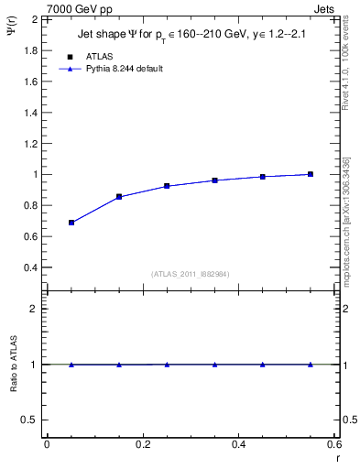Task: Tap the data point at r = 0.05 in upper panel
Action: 71,223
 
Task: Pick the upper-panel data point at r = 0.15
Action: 119,197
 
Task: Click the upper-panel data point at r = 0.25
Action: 167,186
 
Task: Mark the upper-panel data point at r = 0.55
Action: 311,174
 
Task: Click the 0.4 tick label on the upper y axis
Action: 31,267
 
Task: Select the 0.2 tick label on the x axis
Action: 142,444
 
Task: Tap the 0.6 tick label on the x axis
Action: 334,444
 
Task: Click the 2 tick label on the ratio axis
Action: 35,309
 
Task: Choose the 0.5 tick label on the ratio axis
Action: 30,420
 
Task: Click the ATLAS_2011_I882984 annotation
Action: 190,273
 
